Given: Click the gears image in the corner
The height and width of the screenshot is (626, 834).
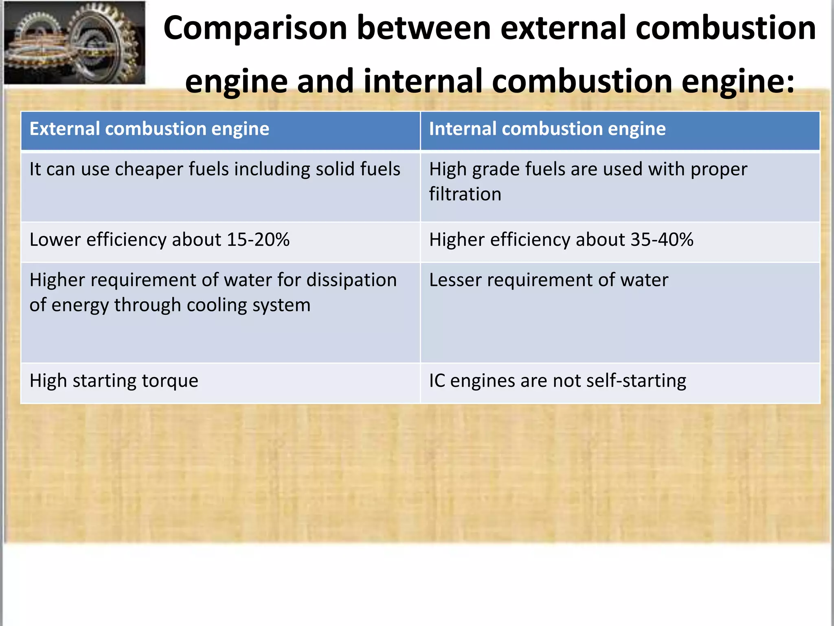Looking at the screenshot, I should click(x=75, y=43).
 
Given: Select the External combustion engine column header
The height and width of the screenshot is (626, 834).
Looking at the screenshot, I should click(x=149, y=129).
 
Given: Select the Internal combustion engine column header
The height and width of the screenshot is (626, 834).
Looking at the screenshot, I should click(x=547, y=129).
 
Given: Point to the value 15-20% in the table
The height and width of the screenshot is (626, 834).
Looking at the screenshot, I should click(x=258, y=240).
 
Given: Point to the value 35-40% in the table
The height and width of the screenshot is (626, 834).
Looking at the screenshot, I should click(x=662, y=240).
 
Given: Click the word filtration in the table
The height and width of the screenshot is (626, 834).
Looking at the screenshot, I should click(x=465, y=194).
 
